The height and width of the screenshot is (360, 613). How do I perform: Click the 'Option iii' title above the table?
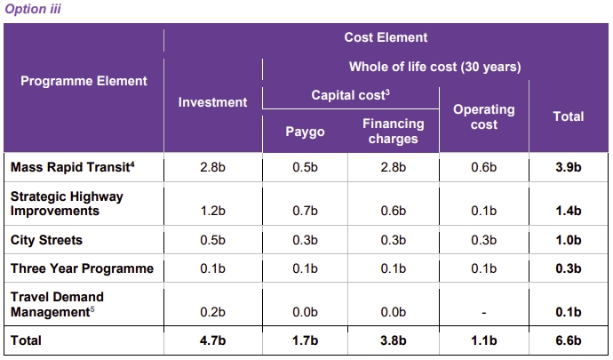click(33, 9)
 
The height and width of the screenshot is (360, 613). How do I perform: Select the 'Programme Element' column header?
click(84, 81)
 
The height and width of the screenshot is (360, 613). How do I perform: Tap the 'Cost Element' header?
click(386, 37)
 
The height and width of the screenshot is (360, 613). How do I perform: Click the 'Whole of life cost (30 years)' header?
click(434, 67)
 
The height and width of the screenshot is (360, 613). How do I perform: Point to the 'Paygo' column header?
click(305, 132)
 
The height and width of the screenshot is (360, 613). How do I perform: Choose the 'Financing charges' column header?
click(394, 131)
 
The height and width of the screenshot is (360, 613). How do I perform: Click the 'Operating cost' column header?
click(484, 116)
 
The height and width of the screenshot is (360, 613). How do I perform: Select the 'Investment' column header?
click(212, 102)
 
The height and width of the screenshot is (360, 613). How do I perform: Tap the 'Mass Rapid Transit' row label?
click(72, 167)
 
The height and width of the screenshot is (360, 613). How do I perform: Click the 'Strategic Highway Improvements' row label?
click(67, 204)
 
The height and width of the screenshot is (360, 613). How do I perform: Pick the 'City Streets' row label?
click(46, 240)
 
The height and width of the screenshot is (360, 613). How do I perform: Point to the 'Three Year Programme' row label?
click(82, 268)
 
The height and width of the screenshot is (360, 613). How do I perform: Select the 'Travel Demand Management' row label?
click(57, 304)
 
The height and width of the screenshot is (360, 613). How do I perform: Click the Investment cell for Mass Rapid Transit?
click(212, 167)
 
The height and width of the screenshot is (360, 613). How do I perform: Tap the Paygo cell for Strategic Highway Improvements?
click(305, 211)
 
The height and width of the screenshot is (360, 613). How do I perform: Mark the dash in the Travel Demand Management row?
click(484, 313)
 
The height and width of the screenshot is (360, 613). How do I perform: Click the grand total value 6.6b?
click(569, 340)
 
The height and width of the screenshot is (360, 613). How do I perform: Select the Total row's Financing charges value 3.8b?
click(394, 340)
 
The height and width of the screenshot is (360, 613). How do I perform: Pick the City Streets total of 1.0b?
click(569, 240)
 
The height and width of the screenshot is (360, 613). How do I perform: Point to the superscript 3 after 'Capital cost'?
click(387, 92)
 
